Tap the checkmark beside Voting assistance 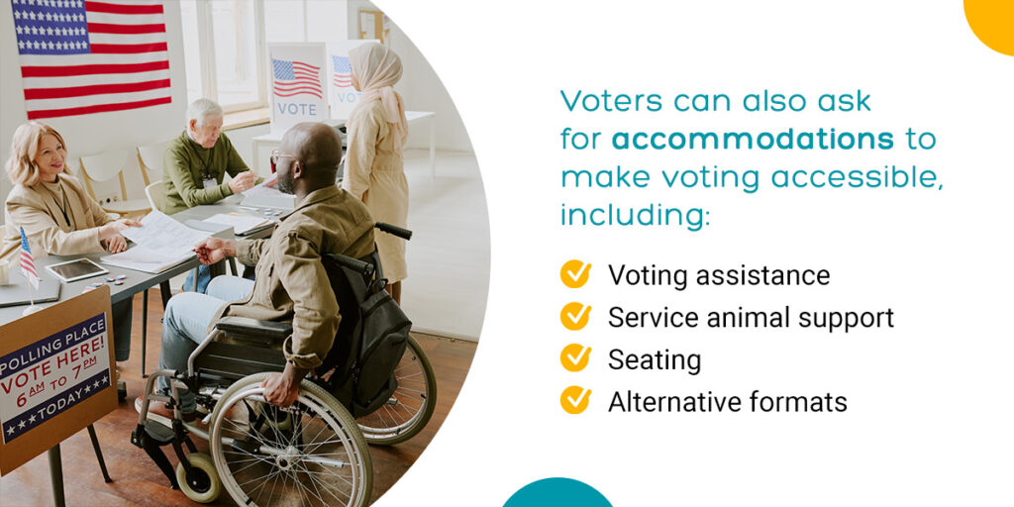click(575, 274)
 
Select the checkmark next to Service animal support click(575, 316)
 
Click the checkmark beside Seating click(575, 358)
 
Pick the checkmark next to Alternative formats click(575, 400)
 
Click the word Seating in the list click(655, 360)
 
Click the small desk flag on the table click(27, 255)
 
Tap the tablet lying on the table click(75, 269)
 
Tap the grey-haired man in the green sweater click(202, 153)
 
